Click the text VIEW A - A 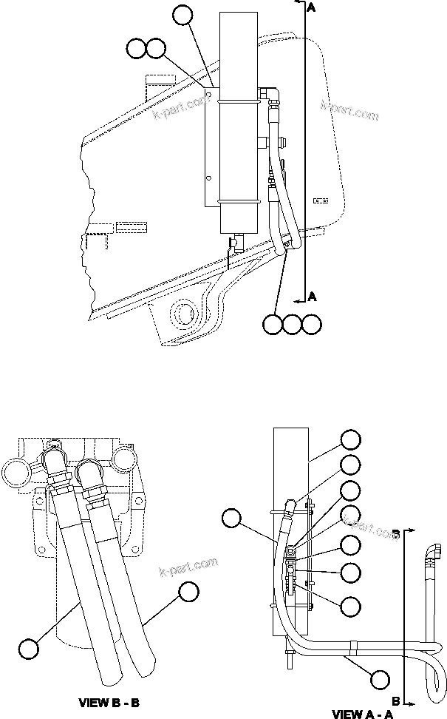[x=363, y=714]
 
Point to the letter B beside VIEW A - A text [x=396, y=700]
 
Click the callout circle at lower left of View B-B [x=29, y=649]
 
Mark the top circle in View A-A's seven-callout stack [x=352, y=439]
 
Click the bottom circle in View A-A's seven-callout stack [x=352, y=604]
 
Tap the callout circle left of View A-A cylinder [x=233, y=518]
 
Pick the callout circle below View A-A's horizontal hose [x=380, y=678]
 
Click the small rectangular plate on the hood [x=320, y=200]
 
